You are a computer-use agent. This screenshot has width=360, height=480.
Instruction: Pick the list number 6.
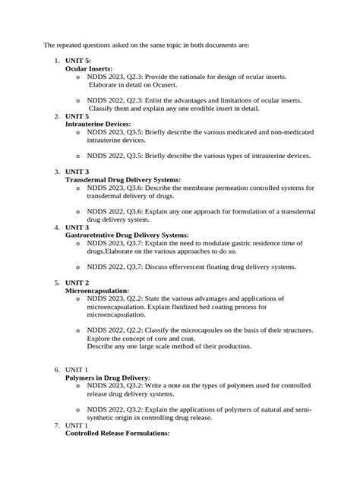tap(56, 369)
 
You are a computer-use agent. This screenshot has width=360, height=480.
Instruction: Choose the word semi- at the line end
tap(299, 409)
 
